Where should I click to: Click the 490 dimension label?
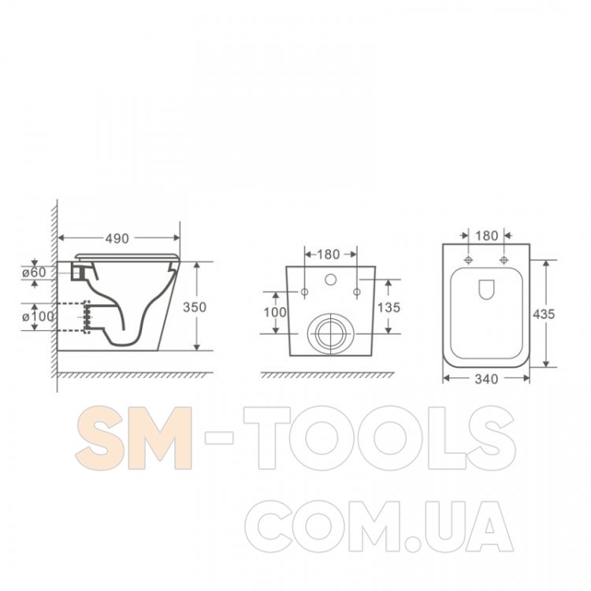coord(117,238)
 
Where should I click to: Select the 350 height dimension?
coord(195,307)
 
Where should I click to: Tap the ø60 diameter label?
coord(34,272)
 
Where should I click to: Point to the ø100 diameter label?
coord(38,316)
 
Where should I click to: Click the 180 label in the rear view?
coord(329,255)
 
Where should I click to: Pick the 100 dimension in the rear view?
coord(275,312)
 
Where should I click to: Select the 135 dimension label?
coord(388,307)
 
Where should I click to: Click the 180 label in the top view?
coord(487,236)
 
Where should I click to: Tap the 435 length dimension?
coord(544,314)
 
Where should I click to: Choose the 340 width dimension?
coord(486,379)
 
